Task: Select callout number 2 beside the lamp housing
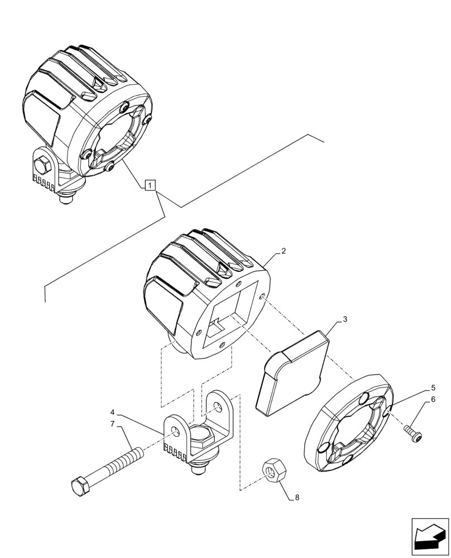tap(284, 252)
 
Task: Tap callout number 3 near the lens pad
tap(345, 319)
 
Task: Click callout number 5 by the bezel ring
tap(434, 387)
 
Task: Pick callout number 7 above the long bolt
tap(112, 424)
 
